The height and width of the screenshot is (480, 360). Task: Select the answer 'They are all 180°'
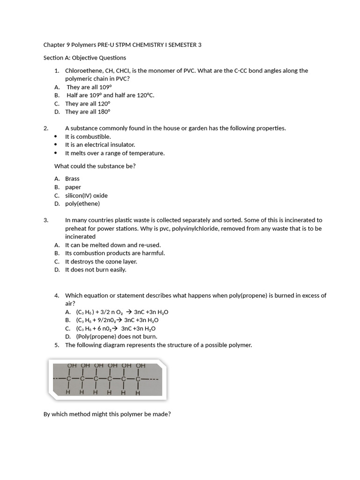pos(88,112)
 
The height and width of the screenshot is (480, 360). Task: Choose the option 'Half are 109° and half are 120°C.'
pos(110,95)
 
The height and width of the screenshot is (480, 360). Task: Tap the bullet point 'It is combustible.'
pos(88,136)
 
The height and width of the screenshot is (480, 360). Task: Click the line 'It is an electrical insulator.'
pos(100,145)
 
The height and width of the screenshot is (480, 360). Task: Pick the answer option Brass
pos(72,179)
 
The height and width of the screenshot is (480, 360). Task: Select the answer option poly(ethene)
pos(82,203)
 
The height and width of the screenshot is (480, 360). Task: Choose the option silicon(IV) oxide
pos(86,195)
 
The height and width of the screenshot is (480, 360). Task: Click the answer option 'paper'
pos(73,187)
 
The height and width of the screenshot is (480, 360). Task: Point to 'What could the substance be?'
pos(95,166)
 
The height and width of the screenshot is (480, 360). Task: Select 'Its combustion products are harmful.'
pos(115,253)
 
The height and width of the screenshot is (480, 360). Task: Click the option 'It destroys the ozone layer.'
pos(101,262)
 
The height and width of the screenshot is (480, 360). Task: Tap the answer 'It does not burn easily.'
pos(96,270)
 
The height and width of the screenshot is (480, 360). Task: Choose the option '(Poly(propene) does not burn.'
pos(117,336)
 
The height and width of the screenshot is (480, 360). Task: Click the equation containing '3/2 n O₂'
pos(122,312)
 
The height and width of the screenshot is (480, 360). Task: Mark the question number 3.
pos(45,220)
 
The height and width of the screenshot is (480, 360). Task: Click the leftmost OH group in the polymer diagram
pos(72,366)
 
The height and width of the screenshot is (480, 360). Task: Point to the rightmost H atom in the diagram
pos(137,393)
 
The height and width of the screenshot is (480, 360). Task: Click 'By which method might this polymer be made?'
pos(107,414)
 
